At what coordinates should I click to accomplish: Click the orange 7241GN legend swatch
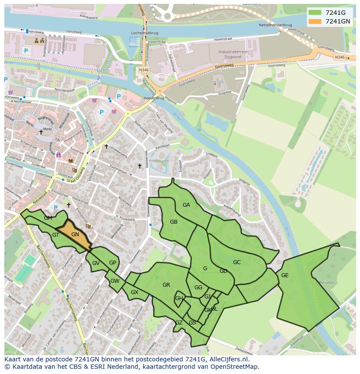tap(315, 21)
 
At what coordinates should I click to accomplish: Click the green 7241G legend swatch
tap(315, 13)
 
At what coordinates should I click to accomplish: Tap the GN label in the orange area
tap(75, 235)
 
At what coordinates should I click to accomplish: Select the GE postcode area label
tap(285, 275)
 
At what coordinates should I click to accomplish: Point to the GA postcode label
tap(186, 205)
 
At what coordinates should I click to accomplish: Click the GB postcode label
tap(173, 222)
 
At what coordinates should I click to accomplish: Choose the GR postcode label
tap(166, 285)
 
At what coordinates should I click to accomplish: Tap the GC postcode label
tap(237, 262)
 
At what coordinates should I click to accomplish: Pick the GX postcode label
tap(134, 292)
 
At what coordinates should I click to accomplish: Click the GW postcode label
tap(115, 281)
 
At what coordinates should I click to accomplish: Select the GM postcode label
tap(48, 218)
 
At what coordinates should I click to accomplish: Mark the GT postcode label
tap(56, 235)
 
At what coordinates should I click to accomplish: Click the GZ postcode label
tap(179, 323)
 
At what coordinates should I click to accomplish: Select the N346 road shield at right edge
tap(340, 57)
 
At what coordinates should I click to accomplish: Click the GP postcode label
tap(113, 263)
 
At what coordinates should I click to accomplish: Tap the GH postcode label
tap(179, 298)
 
